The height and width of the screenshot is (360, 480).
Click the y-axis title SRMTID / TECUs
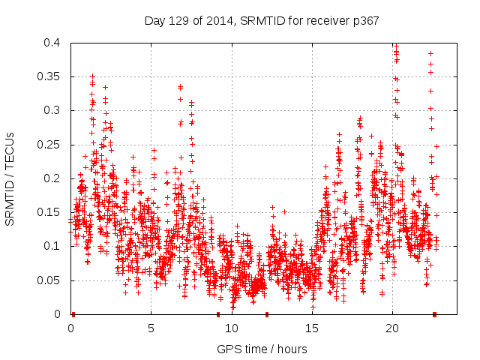[10, 178]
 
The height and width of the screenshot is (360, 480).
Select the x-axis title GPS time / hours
[261, 349]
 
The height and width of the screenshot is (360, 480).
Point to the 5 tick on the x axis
[151, 328]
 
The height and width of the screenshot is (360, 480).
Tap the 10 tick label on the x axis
[232, 328]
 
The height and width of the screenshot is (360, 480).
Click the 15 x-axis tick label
[312, 328]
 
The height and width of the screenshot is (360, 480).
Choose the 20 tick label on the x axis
[392, 328]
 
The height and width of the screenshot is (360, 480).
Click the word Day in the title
[154, 20]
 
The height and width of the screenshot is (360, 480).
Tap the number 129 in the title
[178, 20]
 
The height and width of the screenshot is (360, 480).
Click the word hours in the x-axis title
[291, 349]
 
